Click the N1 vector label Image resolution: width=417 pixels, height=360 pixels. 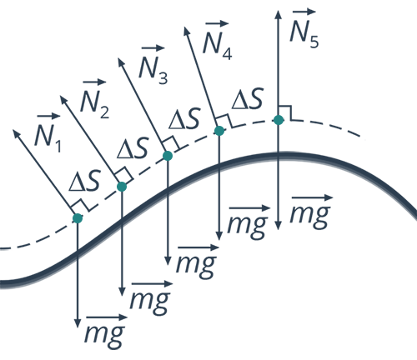[48, 132]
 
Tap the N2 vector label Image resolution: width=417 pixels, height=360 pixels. [94, 98]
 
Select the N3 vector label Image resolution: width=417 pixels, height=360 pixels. [153, 64]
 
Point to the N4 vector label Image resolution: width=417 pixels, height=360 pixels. [217, 40]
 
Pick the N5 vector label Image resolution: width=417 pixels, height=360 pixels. [304, 28]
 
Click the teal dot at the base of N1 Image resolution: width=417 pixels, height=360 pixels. [78, 218]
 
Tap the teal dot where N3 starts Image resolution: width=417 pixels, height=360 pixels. [168, 156]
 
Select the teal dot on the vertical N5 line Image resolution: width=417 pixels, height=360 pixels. [279, 120]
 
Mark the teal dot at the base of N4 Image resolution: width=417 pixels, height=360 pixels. [219, 131]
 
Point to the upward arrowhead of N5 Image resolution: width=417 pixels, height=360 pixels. [278, 14]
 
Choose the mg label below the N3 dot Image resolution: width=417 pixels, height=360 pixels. [197, 262]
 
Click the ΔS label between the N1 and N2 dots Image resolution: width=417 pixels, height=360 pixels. [84, 182]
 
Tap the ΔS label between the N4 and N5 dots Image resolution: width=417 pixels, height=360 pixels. [248, 98]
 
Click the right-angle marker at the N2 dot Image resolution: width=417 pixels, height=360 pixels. [123, 175]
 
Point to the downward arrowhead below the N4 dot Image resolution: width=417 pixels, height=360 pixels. [219, 235]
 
